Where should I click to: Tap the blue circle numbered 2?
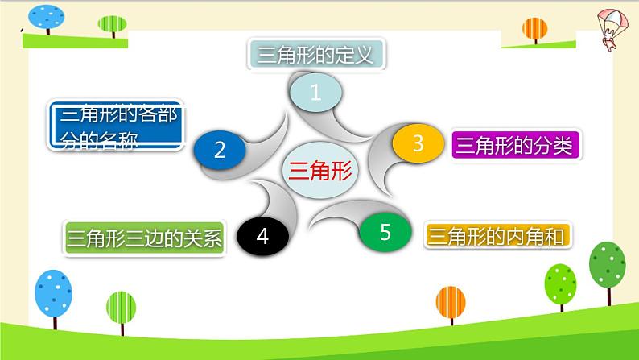tap(220, 149)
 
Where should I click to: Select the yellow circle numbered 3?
tap(418, 144)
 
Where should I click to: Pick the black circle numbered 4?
tap(262, 236)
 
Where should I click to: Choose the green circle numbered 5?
tap(385, 233)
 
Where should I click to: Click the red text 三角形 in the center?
tap(319, 170)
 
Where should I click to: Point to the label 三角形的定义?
tap(315, 56)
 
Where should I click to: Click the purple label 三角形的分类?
tap(517, 146)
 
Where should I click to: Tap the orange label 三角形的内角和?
tap(497, 235)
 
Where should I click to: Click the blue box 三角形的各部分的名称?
tap(115, 127)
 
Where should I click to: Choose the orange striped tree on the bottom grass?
tap(450, 305)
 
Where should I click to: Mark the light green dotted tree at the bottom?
tap(560, 282)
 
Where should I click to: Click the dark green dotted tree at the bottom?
tap(607, 267)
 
